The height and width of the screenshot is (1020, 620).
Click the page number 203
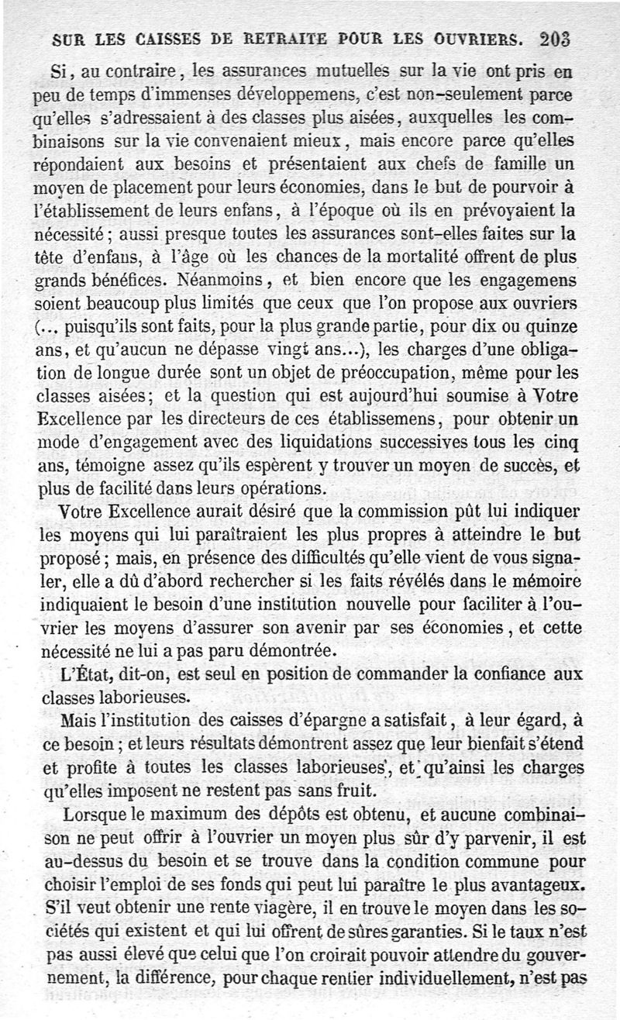(x=556, y=39)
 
